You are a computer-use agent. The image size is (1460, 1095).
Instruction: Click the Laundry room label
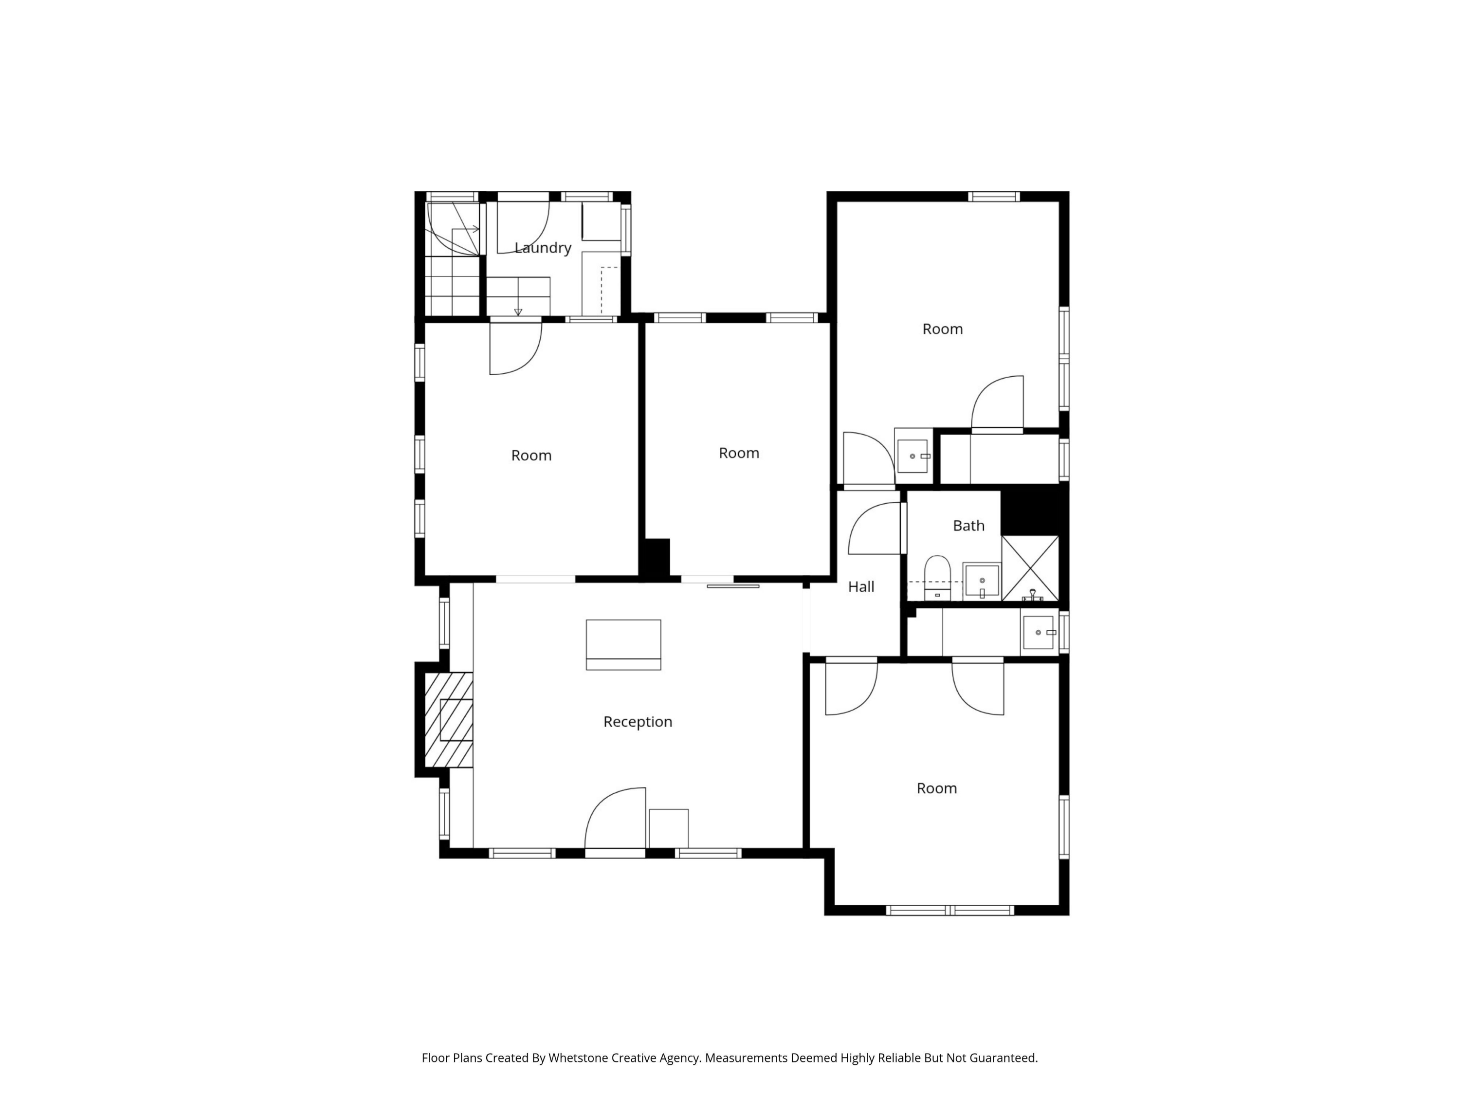click(x=543, y=248)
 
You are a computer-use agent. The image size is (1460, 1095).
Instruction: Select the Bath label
click(x=968, y=526)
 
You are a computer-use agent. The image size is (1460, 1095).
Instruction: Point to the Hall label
click(x=861, y=587)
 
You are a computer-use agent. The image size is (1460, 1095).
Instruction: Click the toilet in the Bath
click(x=937, y=577)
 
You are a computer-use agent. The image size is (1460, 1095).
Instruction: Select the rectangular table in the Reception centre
click(x=623, y=644)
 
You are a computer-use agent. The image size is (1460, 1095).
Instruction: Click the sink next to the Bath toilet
click(x=982, y=581)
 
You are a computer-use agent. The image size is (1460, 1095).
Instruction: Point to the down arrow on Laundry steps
click(x=518, y=311)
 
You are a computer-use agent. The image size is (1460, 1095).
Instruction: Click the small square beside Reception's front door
click(x=669, y=828)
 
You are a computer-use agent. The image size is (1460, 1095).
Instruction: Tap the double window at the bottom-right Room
click(x=950, y=910)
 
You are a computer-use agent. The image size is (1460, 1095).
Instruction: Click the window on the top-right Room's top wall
click(x=993, y=196)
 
